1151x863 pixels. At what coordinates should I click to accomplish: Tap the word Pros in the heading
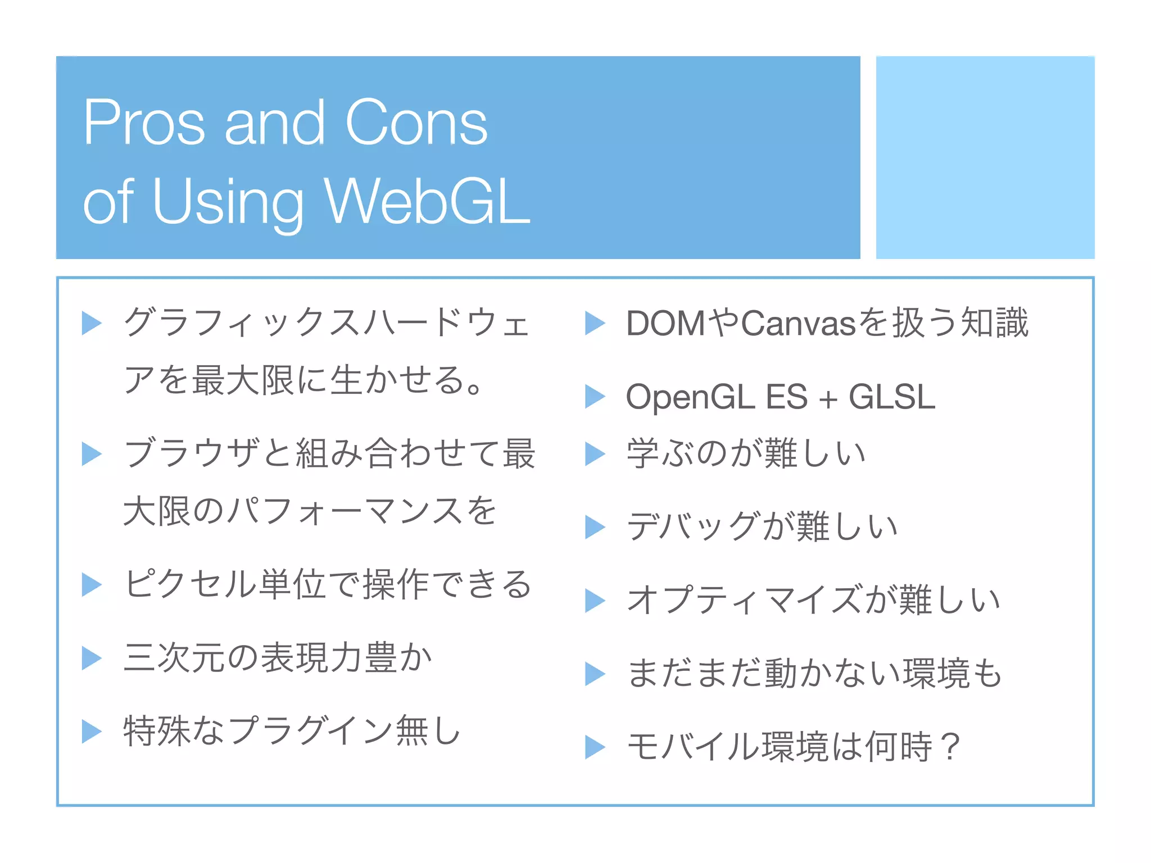[144, 122]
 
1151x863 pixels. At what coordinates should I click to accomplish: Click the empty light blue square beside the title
[985, 157]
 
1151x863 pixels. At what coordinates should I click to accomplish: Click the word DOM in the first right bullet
[665, 324]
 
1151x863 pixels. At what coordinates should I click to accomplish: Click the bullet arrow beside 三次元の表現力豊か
[91, 658]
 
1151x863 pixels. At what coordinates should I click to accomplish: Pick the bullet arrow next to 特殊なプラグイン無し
[91, 731]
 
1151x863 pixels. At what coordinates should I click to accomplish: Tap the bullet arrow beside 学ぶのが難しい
[595, 453]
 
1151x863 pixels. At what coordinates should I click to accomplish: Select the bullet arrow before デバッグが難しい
[595, 527]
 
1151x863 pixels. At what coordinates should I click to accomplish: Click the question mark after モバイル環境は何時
[951, 747]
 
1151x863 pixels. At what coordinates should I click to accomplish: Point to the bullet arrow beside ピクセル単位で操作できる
[91, 584]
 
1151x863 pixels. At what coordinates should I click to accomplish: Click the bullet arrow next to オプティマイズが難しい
[595, 600]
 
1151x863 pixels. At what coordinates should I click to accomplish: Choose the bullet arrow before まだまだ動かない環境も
[595, 674]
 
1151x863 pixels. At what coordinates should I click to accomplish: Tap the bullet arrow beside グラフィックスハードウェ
[91, 323]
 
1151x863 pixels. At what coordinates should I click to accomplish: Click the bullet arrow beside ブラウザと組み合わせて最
[91, 453]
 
